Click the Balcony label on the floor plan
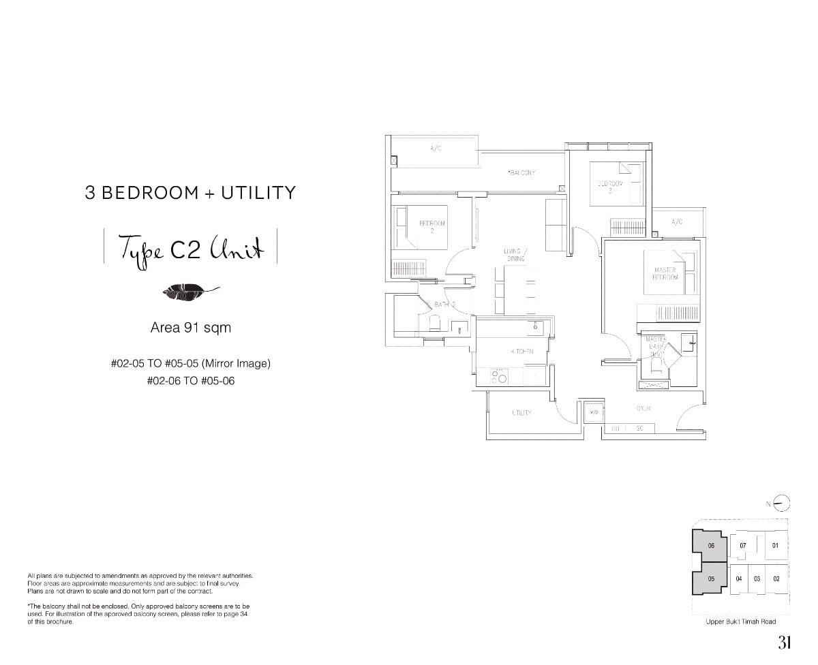point(521,173)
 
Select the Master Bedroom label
point(665,274)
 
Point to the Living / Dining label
point(515,255)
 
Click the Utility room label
point(521,413)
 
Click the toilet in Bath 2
point(434,322)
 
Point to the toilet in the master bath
point(655,366)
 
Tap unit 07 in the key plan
point(742,546)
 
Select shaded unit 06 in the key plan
point(711,546)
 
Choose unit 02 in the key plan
point(776,578)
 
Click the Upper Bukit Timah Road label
point(741,621)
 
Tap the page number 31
point(784,643)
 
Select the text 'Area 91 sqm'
point(190,328)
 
